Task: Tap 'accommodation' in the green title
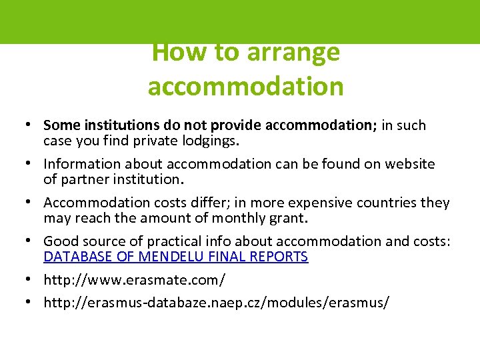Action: tap(245, 86)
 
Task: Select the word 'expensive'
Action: tap(317, 203)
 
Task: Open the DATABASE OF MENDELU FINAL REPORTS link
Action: tap(176, 257)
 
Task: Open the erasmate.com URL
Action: tap(134, 280)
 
